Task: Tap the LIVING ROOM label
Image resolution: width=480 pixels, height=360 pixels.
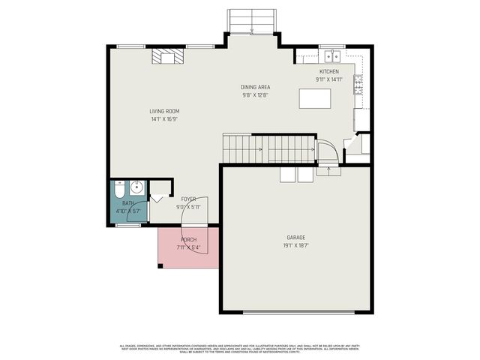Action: click(164, 111)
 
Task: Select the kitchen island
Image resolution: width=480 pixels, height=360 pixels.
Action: click(315, 98)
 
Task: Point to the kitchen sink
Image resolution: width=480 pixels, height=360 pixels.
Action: click(331, 56)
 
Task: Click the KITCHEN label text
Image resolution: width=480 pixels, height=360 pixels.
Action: click(329, 71)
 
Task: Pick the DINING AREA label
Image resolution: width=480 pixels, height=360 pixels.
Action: click(255, 87)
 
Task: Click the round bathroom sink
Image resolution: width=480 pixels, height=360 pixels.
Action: click(136, 187)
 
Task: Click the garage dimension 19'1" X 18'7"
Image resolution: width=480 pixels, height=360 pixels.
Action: click(296, 244)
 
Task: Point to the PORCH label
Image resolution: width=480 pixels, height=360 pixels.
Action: click(188, 239)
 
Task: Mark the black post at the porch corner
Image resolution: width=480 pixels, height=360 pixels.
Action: click(160, 265)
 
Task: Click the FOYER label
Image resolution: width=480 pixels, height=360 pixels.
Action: click(188, 199)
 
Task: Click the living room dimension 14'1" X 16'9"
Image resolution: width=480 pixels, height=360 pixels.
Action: click(164, 119)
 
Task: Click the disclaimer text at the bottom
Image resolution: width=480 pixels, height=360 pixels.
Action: click(240, 348)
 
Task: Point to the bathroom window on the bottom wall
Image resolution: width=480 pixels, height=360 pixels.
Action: click(128, 224)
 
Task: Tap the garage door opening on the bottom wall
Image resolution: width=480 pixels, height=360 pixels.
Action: click(296, 312)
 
